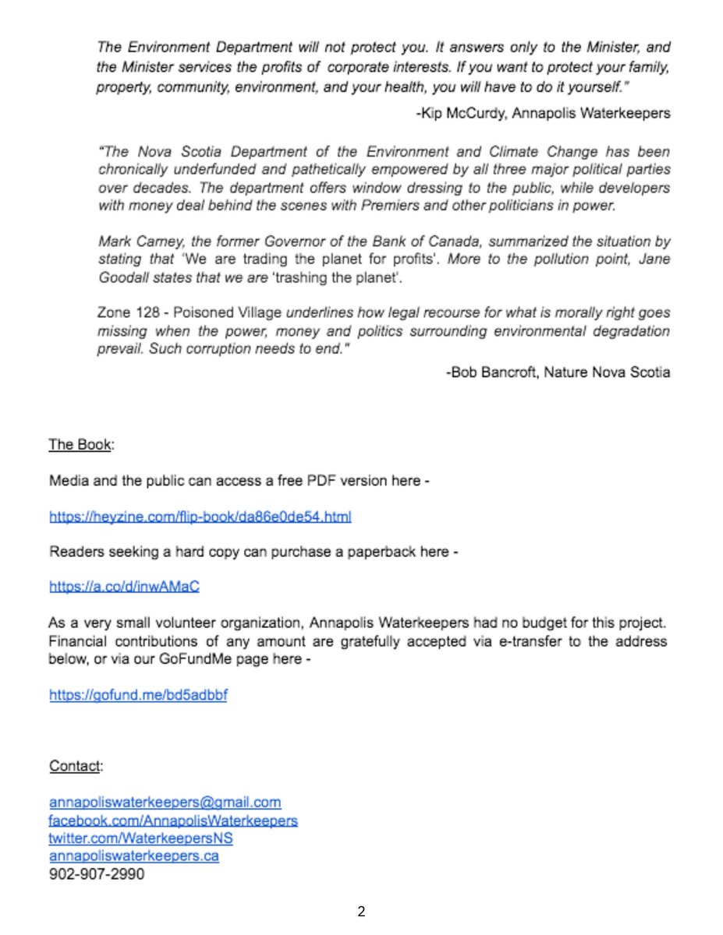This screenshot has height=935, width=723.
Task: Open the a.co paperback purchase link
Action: (124, 587)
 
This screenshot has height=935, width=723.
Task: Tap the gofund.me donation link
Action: (138, 695)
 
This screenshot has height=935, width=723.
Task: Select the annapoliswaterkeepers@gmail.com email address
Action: (165, 802)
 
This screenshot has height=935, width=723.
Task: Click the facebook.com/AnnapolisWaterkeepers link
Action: (173, 820)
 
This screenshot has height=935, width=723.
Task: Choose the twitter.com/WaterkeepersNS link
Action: (141, 838)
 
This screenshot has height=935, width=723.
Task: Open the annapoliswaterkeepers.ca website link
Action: (134, 856)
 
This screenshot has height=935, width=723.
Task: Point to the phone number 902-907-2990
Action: (97, 874)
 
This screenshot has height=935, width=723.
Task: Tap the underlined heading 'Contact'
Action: (75, 766)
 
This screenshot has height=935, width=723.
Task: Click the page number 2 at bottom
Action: (361, 911)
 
